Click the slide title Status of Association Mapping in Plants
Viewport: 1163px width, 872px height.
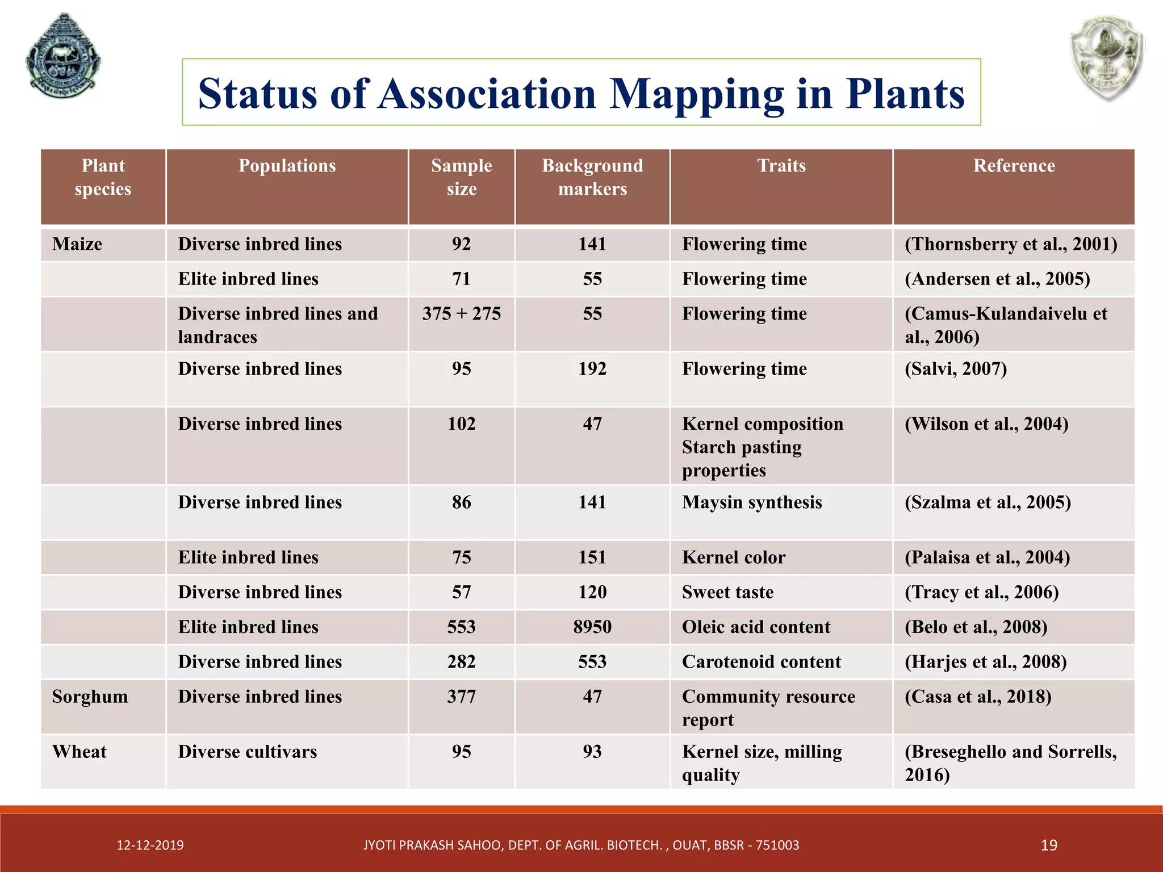click(581, 93)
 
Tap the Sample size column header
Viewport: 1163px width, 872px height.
click(461, 177)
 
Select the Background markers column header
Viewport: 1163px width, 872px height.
click(592, 177)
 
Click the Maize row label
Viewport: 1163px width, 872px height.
click(77, 244)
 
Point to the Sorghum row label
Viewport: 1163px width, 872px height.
click(90, 697)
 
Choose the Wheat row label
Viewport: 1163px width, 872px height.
click(80, 752)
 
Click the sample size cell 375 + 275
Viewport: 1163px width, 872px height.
click(461, 314)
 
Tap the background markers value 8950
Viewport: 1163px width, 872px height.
click(592, 627)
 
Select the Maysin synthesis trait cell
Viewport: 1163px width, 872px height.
click(752, 502)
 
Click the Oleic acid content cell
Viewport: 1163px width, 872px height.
click(756, 627)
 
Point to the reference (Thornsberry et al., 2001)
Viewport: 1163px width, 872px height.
click(1011, 244)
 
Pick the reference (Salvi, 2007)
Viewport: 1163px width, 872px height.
click(956, 369)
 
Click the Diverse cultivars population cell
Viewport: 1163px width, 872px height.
click(248, 752)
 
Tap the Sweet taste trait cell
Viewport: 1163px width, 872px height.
click(727, 592)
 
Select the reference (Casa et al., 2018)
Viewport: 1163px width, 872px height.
click(978, 697)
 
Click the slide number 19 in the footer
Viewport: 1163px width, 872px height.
click(1049, 845)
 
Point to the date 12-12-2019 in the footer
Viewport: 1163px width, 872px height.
click(150, 845)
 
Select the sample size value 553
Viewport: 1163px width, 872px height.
click(461, 627)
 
